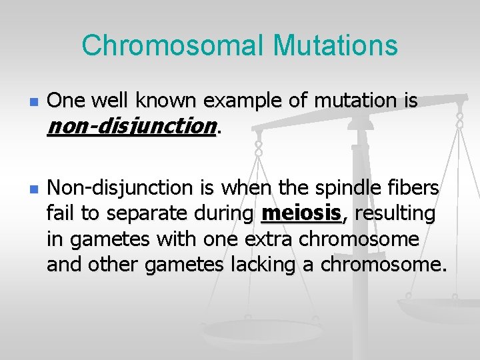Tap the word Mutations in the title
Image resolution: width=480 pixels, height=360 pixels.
coord(335,46)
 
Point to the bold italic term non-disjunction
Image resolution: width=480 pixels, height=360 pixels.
coord(131,126)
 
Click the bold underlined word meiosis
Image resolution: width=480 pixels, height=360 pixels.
coord(301,214)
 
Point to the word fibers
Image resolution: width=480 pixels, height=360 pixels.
coord(417,189)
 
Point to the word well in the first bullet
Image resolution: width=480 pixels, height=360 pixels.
coord(108,101)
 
